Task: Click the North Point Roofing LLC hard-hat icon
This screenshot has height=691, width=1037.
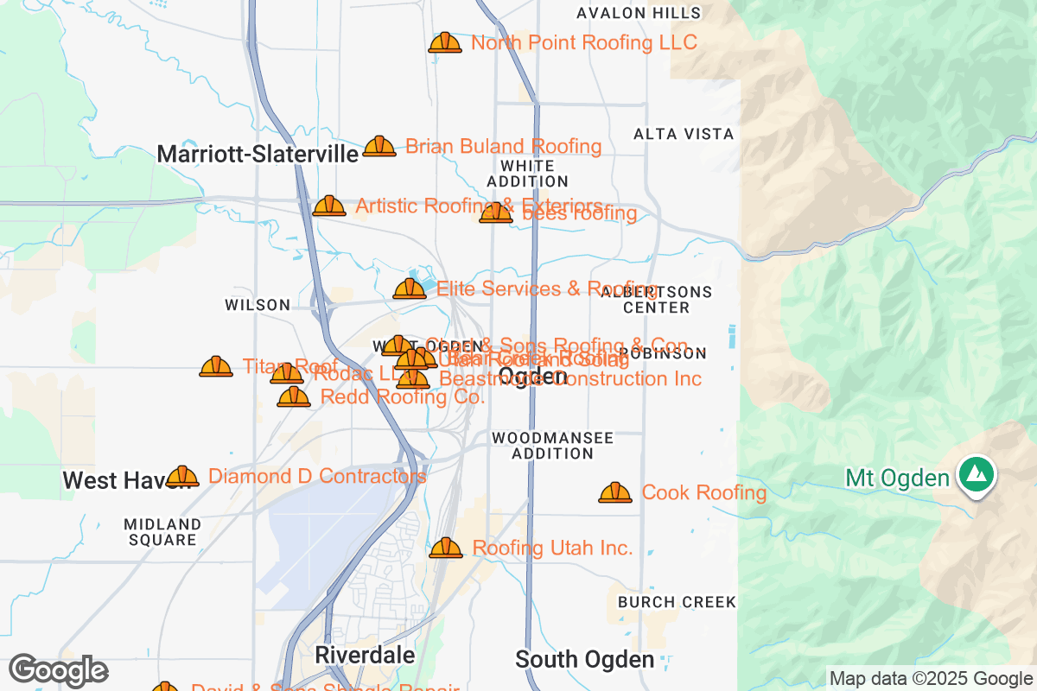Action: coord(445,42)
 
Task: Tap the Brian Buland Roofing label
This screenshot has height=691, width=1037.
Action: coord(503,146)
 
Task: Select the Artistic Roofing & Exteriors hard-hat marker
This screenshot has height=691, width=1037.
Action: coord(329,206)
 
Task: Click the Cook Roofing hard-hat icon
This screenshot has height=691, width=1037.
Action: coord(615,492)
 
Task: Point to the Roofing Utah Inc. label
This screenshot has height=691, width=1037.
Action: coord(552,548)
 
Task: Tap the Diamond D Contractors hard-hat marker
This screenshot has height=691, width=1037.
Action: coord(182,476)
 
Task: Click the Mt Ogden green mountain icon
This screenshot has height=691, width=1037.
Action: coord(976,476)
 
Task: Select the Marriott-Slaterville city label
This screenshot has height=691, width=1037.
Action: coord(258,155)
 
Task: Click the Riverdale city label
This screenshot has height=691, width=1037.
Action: coord(365,655)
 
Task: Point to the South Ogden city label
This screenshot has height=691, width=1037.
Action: coord(584,660)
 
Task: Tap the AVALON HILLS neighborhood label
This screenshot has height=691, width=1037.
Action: coord(639,13)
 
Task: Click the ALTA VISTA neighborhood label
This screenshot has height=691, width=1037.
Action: coord(684,134)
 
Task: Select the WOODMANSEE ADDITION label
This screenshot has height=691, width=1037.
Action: coord(552,446)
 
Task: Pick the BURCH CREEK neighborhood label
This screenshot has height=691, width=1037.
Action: coord(677,601)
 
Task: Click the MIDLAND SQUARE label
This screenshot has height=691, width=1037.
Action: coord(162,532)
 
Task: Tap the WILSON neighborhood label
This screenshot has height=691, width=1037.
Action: coord(258,305)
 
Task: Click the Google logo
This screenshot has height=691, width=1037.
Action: coord(58,670)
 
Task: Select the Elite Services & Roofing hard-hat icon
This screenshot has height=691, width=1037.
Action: coord(410,288)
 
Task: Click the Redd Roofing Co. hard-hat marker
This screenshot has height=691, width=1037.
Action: coord(294,396)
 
